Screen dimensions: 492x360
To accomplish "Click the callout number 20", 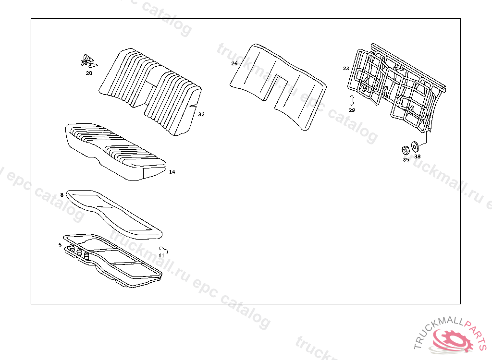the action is pos(89,73).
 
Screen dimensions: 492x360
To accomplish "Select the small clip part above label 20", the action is pos(88,61).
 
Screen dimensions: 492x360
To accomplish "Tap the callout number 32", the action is pos(201,114).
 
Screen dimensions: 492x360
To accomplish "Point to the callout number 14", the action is pos(172,171).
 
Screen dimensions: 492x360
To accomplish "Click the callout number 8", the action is pos(61,195).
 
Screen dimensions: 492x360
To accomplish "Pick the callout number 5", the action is pos(60,245).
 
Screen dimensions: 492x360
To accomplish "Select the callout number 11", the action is pos(161,255).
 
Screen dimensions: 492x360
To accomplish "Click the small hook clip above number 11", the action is pos(164,249).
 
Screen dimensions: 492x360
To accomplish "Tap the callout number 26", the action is pos(234,63).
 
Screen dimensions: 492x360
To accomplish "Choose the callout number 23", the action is pos(346,69).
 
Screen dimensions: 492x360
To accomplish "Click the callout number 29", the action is pos(352,110).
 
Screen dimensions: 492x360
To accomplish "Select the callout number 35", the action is pos(406,160).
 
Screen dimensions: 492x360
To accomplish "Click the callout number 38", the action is pos(417,156).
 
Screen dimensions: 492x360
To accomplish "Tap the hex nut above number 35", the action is pos(406,149).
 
